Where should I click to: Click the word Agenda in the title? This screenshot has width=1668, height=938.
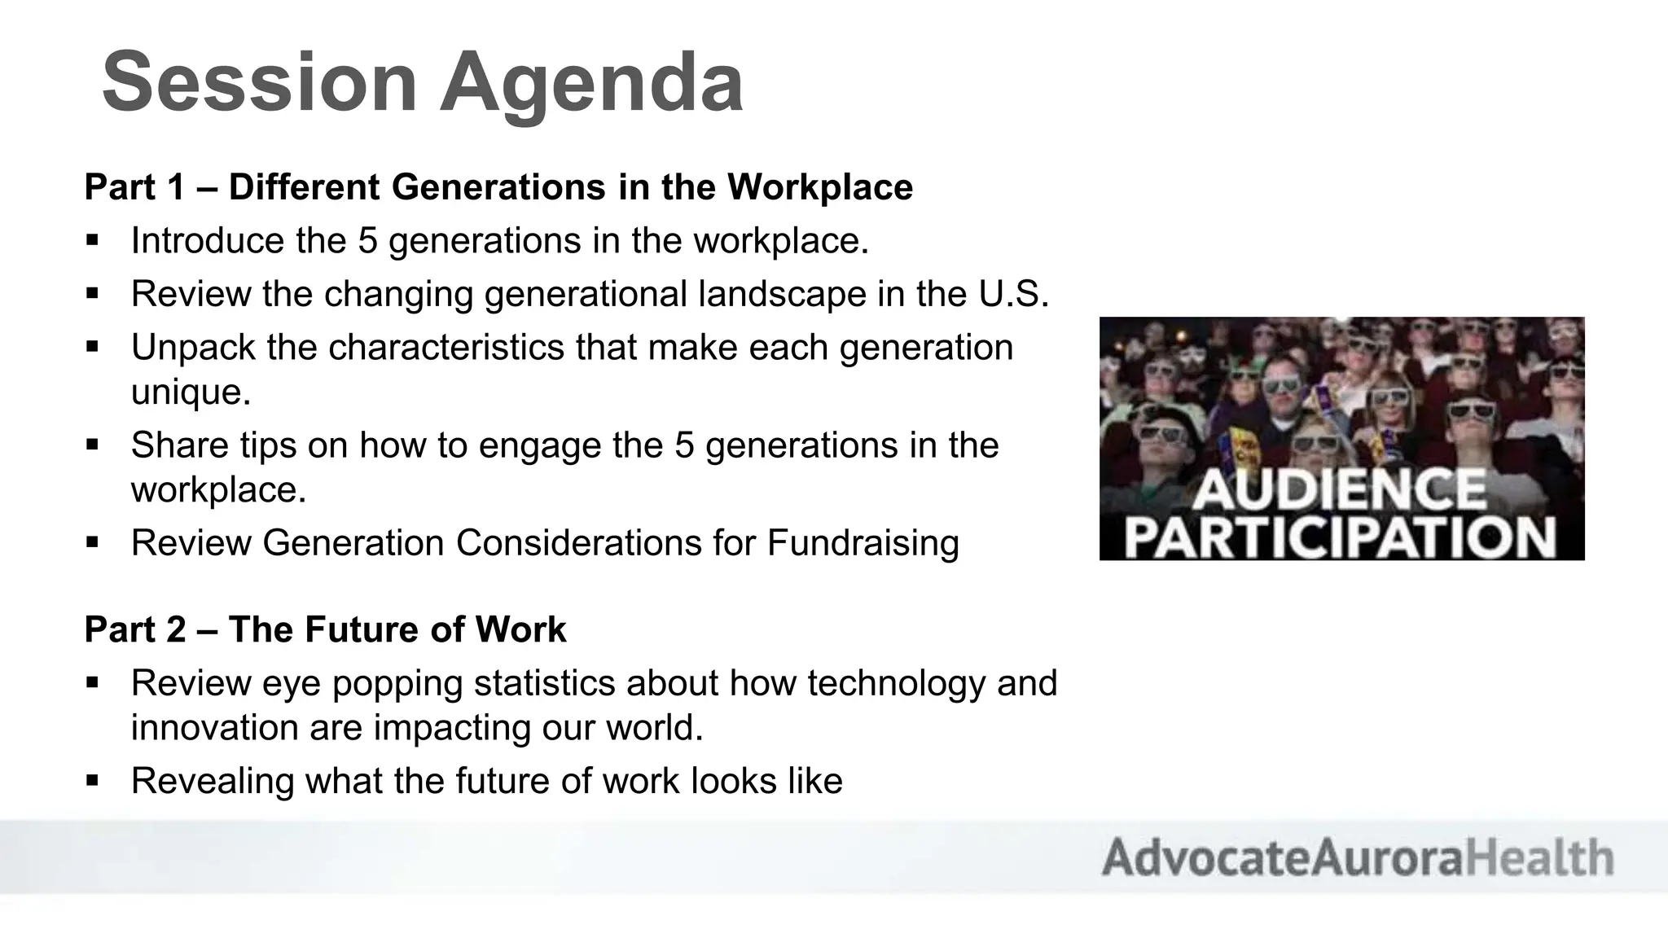pos(591,83)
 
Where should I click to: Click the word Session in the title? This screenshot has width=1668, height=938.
pos(259,83)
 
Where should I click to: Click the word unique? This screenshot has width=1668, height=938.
pos(191,392)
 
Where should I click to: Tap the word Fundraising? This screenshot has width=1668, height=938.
pos(863,543)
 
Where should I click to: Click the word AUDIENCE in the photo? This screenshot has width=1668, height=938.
pos(1340,489)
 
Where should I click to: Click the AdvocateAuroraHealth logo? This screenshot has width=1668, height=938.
pos(1357,857)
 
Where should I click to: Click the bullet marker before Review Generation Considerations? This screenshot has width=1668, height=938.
pos(92,541)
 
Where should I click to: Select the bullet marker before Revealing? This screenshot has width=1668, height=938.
pos(92,780)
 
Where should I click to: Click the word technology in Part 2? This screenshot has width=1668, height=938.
pos(896,683)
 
